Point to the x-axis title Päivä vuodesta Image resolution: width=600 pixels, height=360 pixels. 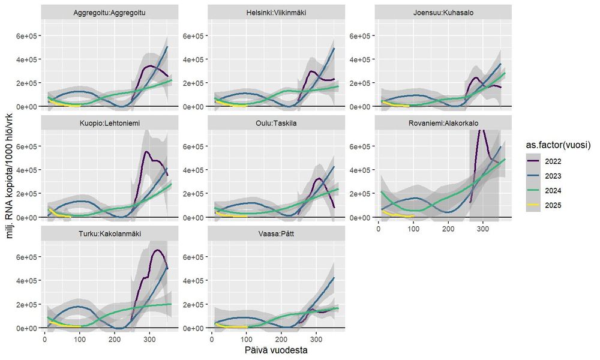coord(277,349)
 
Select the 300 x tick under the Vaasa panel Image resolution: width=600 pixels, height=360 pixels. coord(316,340)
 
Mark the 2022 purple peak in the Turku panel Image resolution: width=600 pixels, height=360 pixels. coord(157,250)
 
